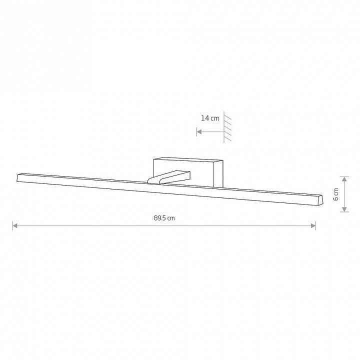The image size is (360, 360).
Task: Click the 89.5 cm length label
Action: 164,218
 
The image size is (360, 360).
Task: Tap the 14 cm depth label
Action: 210,118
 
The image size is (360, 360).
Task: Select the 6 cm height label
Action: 335,194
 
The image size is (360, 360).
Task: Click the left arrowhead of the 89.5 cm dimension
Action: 15,226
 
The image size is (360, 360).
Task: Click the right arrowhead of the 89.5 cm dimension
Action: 313,226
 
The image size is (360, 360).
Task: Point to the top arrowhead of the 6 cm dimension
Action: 344,179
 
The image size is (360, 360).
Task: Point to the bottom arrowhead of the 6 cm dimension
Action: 344,209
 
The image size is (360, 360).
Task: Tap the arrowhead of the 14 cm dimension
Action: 199,131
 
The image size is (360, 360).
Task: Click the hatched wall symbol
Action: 227,127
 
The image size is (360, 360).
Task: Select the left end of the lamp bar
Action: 17,177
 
